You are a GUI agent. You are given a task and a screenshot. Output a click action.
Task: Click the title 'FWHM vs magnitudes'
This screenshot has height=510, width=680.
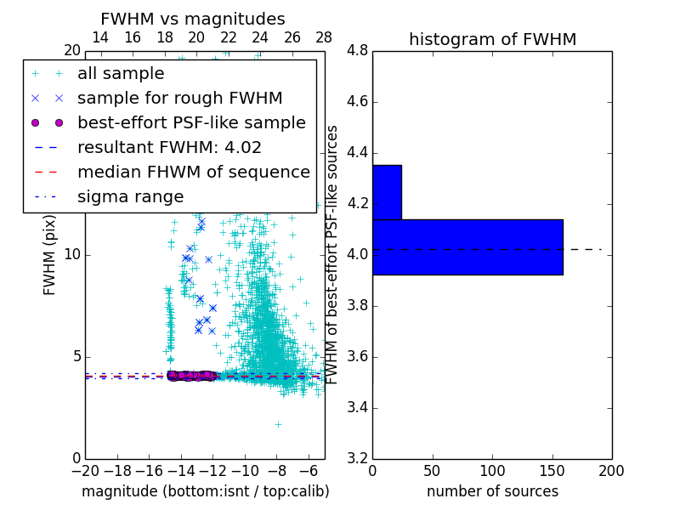point(193,19)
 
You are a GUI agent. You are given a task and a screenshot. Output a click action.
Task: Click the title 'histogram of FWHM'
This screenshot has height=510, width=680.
point(492,39)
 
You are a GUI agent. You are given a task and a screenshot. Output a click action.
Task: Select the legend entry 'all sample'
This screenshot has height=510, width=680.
point(121,74)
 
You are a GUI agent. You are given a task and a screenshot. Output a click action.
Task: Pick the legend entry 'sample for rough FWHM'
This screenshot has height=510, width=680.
point(179,99)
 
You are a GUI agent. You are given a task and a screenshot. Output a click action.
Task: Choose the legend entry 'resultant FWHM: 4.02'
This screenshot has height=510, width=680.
point(169,147)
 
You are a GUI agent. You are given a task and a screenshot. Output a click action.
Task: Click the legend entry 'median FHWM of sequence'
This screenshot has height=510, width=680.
point(193,172)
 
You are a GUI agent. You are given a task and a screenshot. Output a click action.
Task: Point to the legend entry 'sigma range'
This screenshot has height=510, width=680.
point(130,196)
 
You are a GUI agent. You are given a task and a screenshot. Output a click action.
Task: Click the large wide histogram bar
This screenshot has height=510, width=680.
point(467,246)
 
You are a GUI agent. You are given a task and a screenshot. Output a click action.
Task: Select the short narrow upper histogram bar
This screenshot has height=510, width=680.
point(387,192)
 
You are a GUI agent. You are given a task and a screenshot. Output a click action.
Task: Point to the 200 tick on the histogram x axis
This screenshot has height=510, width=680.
point(611,471)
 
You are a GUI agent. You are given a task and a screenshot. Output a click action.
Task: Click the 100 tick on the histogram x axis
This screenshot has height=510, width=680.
point(492,471)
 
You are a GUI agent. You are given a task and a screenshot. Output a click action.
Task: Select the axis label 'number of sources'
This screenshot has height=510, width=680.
point(492,491)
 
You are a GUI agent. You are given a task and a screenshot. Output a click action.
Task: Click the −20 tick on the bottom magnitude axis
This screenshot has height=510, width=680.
point(85,471)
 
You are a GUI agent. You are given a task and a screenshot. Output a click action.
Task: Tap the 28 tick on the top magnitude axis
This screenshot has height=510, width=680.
point(324,37)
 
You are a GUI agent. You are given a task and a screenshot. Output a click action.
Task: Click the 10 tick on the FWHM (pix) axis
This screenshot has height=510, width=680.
point(71,255)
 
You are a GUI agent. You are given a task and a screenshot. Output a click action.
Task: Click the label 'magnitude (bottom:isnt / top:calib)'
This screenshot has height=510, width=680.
point(205,491)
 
